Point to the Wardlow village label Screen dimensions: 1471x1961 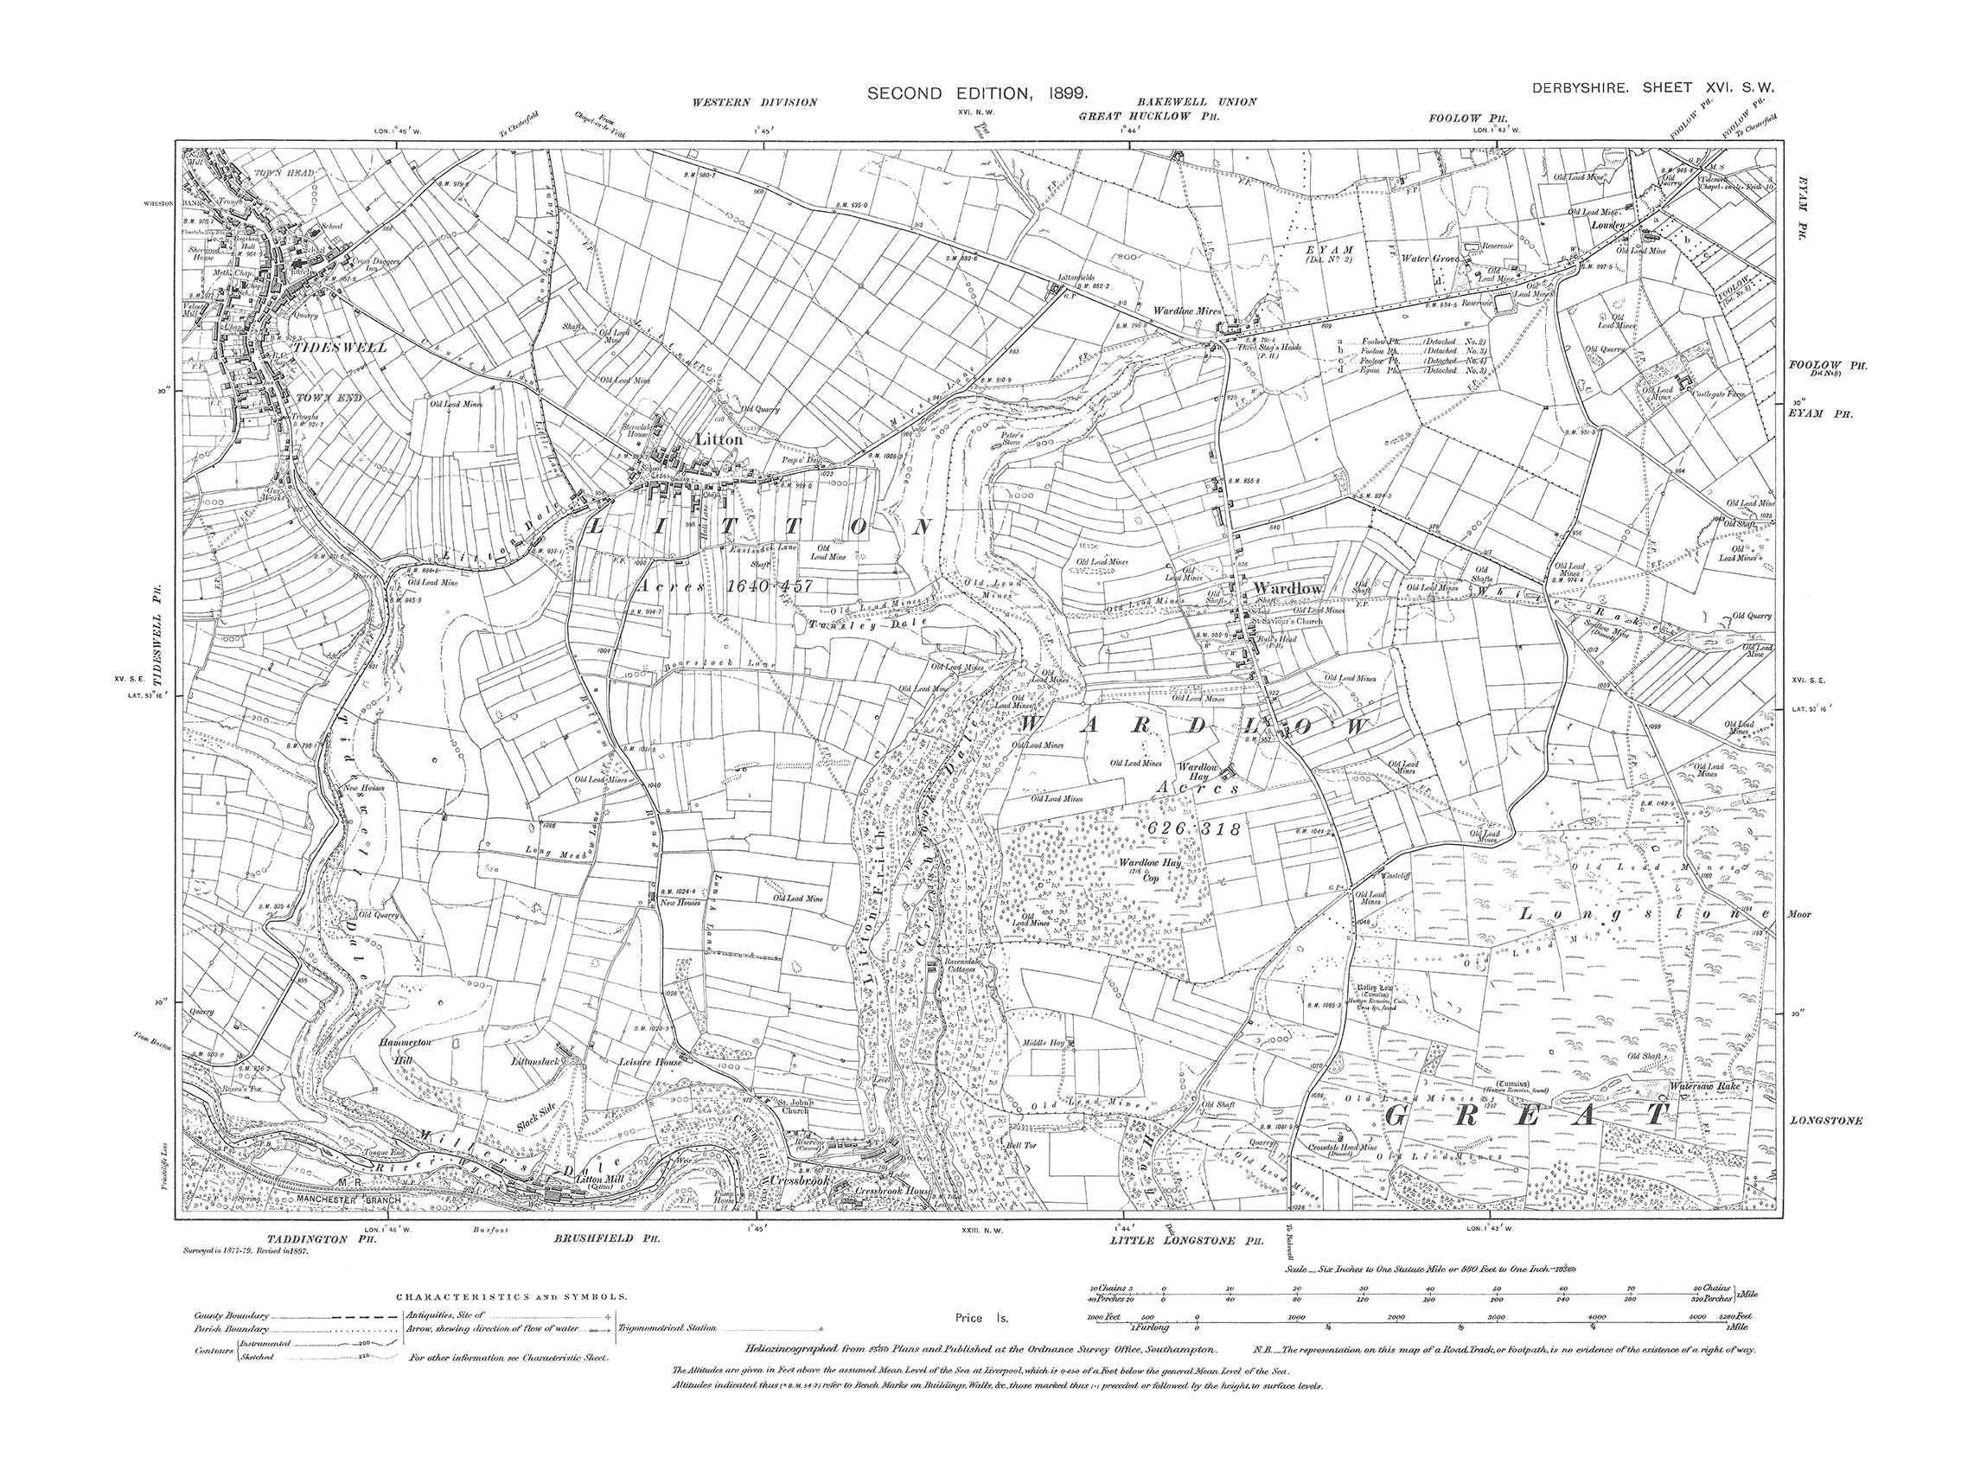(x=1287, y=588)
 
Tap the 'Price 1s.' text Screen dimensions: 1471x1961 (x=982, y=1319)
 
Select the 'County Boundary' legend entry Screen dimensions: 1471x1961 (x=232, y=1317)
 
